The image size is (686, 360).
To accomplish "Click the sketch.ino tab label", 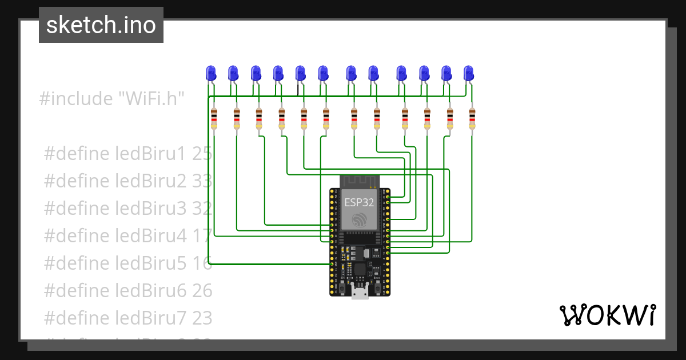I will pos(101,25).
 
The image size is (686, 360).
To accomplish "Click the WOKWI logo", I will pos(607,315).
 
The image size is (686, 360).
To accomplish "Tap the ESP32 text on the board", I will pos(360,202).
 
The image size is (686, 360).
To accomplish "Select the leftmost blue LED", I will pos(210,73).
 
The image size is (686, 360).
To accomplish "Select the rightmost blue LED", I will pos(469,73).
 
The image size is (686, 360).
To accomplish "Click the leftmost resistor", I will pos(214,118).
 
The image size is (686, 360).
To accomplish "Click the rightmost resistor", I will pos(472,118).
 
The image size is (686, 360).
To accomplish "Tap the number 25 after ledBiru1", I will pos(202,154).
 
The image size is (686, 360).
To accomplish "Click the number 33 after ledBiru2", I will pos(202,181).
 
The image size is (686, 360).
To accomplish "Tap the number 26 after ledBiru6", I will pos(202,291).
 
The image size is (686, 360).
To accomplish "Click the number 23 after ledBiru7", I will pos(202,318).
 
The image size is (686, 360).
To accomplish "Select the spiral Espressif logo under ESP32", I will pos(360,221).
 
